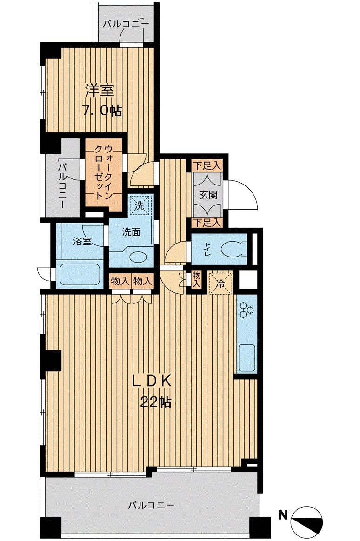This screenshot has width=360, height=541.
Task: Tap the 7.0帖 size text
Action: pyautogui.click(x=101, y=110)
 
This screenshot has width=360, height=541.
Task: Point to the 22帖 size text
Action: pyautogui.click(x=156, y=402)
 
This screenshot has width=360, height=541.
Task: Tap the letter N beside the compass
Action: pyautogui.click(x=283, y=515)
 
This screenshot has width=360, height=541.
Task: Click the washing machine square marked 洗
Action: pyautogui.click(x=140, y=205)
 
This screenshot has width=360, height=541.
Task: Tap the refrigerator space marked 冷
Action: pyautogui.click(x=220, y=283)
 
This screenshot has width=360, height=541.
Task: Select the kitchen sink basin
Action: pyautogui.click(x=247, y=357)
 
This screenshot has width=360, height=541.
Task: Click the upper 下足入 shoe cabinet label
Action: pyautogui.click(x=207, y=165)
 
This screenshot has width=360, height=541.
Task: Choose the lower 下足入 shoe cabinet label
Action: pyautogui.click(x=207, y=223)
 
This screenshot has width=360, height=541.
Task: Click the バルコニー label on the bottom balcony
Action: pyautogui.click(x=151, y=506)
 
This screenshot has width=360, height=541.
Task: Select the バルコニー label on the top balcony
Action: pyautogui.click(x=126, y=24)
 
